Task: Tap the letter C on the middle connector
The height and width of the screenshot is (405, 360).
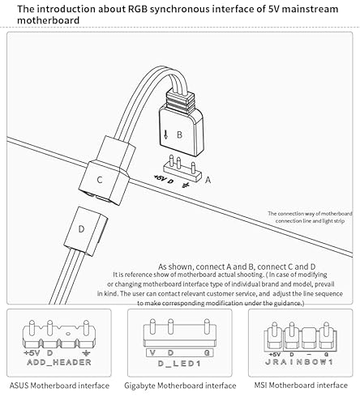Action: (100, 180)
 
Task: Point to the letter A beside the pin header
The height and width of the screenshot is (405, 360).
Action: (208, 182)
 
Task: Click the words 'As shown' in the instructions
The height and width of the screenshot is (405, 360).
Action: (174, 266)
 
